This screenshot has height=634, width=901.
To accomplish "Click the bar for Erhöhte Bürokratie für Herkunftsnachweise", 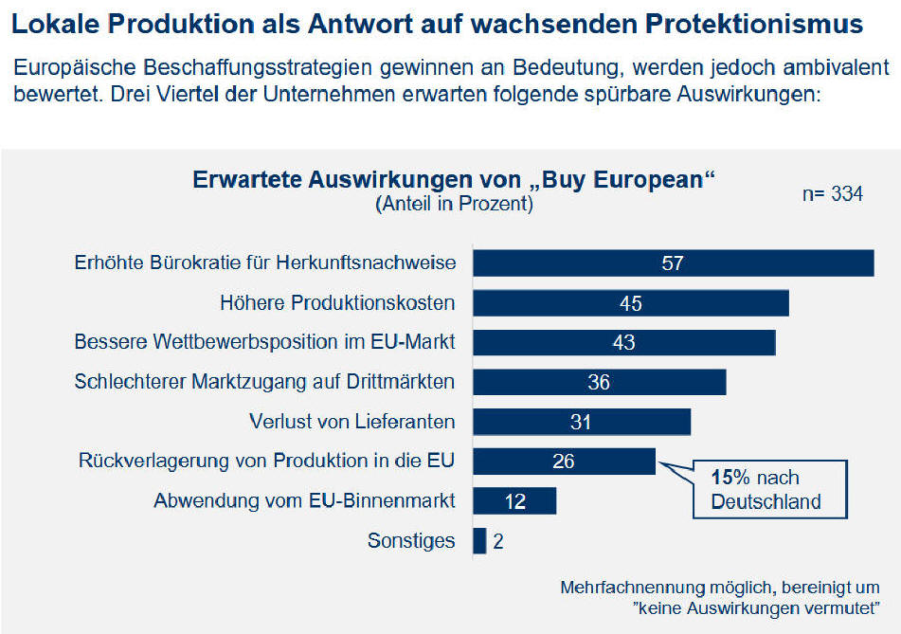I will [x=673, y=263].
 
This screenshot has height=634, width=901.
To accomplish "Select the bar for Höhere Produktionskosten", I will [x=630, y=303].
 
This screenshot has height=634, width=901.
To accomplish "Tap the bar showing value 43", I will [x=623, y=342].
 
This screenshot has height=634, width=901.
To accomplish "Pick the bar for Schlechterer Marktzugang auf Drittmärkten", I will [x=599, y=382].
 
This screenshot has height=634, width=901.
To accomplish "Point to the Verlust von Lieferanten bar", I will [x=581, y=422].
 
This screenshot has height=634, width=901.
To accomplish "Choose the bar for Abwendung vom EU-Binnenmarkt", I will [x=514, y=500].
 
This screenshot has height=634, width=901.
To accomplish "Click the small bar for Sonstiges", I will [x=479, y=541].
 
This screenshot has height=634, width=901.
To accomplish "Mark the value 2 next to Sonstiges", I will [x=499, y=541].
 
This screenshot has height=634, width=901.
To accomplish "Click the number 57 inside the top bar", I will [x=673, y=263].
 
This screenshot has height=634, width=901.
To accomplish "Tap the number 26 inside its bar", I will [x=564, y=462].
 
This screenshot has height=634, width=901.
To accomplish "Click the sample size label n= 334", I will [x=832, y=194].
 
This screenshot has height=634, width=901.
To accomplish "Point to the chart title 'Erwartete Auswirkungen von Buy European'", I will [x=453, y=179].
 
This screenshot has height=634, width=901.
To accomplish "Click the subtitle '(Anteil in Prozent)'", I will [x=454, y=203].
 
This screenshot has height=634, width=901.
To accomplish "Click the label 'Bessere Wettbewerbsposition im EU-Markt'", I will [x=265, y=342].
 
